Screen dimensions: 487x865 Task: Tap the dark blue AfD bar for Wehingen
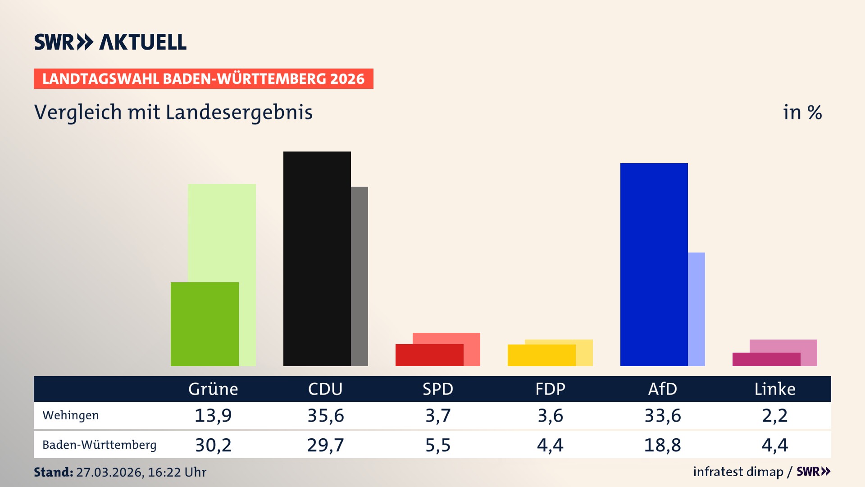click(654, 264)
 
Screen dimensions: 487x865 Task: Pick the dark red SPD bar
click(429, 355)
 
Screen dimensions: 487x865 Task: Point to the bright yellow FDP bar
click(541, 355)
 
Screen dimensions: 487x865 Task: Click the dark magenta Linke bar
click(766, 359)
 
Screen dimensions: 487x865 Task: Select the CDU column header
click(325, 389)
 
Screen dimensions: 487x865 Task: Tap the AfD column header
click(662, 389)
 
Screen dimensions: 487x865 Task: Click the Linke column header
click(775, 389)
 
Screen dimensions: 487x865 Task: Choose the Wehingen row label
click(71, 415)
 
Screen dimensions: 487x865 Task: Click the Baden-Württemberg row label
click(100, 445)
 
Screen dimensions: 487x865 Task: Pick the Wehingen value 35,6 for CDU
click(326, 415)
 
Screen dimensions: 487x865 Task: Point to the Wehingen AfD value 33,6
click(663, 415)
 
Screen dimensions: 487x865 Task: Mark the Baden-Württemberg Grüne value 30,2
click(213, 445)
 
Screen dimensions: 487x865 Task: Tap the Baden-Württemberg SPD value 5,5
click(438, 445)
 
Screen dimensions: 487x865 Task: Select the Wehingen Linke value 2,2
click(775, 415)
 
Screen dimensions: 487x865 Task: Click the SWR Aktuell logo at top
click(110, 42)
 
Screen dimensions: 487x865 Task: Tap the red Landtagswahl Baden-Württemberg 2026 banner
click(203, 78)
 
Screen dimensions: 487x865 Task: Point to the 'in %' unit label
click(802, 112)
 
